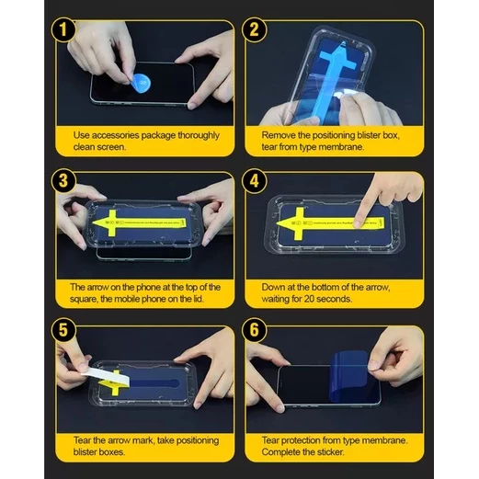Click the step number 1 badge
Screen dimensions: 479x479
[x=63, y=29]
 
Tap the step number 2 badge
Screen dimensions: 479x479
[x=254, y=29]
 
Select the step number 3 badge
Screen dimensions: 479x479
[x=63, y=180]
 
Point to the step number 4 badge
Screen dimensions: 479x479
[x=254, y=180]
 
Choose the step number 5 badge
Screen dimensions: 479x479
[x=63, y=330]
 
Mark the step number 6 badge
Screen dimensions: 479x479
[x=254, y=330]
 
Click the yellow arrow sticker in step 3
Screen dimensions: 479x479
[x=140, y=222]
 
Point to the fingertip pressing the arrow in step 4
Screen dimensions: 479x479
[x=358, y=223]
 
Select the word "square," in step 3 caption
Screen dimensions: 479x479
[x=84, y=299]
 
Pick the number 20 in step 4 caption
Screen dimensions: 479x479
[x=309, y=299]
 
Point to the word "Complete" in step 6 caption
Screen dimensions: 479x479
[x=280, y=452]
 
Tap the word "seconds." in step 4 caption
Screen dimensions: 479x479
[x=334, y=299]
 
